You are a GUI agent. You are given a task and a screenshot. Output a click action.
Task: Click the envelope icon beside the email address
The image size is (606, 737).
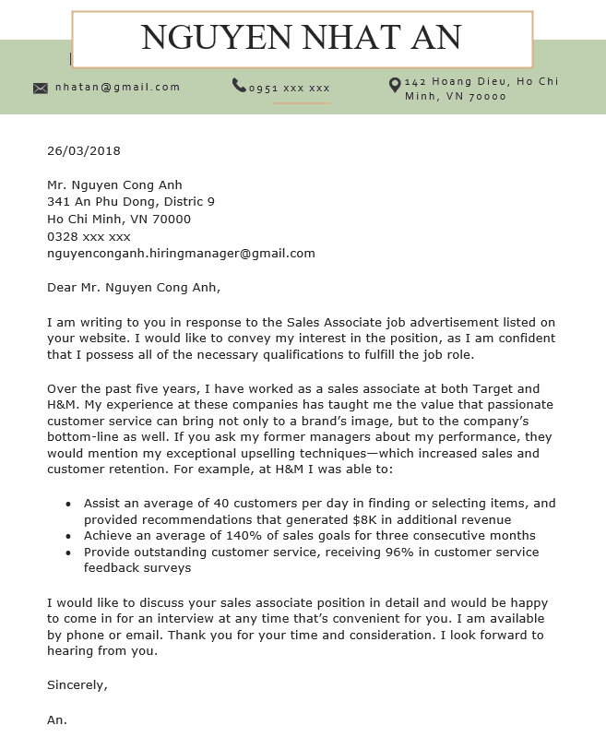coord(41,88)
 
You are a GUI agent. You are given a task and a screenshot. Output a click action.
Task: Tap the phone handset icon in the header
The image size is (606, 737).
coord(239,85)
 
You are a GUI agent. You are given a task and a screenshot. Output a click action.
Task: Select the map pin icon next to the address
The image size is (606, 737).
coord(395,85)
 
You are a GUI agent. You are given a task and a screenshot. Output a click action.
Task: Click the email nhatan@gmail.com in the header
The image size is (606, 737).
coord(117,87)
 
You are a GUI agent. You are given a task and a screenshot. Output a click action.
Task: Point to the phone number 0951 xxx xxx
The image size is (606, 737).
coord(289,89)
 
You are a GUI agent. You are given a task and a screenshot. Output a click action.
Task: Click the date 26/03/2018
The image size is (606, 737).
coord(84,150)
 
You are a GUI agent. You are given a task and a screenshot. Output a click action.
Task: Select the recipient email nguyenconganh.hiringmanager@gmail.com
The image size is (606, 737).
coord(181,253)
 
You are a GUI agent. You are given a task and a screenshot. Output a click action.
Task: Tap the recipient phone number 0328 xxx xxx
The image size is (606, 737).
coord(89,236)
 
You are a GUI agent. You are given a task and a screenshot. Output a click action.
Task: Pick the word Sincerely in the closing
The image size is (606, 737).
coord(77,684)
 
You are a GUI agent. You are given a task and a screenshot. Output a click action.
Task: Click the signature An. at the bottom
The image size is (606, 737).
coord(57,719)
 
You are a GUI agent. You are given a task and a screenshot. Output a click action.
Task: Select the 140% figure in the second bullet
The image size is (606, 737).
coord(234,536)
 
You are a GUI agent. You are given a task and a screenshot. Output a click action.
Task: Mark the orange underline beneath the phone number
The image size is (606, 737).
coord(301,103)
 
